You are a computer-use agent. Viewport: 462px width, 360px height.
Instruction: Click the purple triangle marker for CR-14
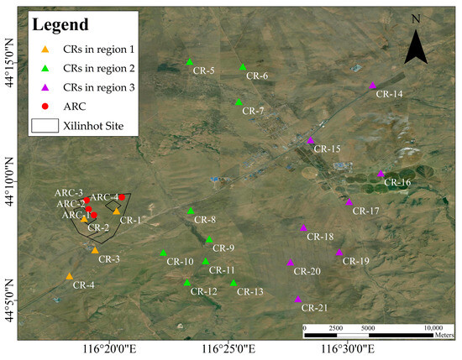coord(372,85)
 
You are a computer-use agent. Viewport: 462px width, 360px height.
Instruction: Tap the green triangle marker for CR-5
coord(190,62)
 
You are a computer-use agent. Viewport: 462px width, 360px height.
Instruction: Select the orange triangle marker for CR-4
coord(70,276)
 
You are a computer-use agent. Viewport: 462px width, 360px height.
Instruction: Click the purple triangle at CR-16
coord(381,174)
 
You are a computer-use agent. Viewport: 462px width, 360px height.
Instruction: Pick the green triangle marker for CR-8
coord(191,211)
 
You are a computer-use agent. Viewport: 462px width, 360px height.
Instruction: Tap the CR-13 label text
coord(249,291)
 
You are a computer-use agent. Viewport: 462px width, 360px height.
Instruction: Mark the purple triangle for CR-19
coord(339,252)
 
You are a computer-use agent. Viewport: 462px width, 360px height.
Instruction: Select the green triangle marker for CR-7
coord(239,102)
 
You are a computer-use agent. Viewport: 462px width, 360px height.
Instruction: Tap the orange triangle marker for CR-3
coord(95,250)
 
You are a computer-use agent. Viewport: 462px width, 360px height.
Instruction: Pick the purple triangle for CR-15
coord(311,140)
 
